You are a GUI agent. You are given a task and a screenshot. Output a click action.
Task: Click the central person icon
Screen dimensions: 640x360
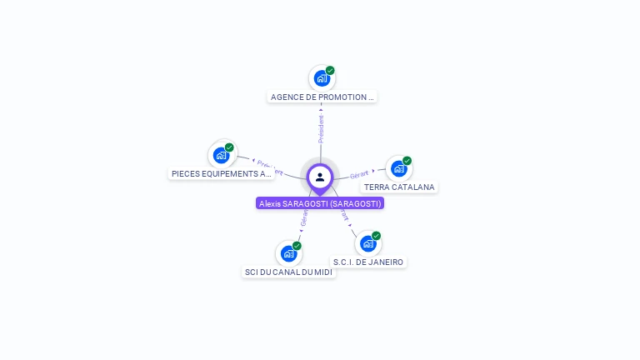[320, 177]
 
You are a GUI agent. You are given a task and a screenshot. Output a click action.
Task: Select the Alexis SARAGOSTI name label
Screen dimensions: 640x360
[320, 203]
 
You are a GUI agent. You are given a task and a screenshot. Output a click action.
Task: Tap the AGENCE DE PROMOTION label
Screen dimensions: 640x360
[322, 97]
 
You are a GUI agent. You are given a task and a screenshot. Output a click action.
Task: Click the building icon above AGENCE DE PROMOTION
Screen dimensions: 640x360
[321, 79]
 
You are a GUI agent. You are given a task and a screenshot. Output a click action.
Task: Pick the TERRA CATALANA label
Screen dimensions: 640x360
[399, 187]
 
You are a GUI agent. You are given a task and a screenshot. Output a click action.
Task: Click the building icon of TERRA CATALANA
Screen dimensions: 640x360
[399, 168]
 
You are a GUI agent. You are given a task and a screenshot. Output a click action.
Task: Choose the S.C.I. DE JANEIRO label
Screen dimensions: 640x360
[368, 262]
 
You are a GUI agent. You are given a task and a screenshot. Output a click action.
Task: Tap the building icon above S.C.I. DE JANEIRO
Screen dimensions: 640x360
[367, 244]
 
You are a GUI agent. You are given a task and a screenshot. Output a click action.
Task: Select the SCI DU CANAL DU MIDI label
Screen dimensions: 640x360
[288, 272]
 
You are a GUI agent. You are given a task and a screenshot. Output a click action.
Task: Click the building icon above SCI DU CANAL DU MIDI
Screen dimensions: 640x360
[288, 253]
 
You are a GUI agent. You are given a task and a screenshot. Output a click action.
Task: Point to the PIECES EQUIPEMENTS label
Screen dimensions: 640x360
[221, 173]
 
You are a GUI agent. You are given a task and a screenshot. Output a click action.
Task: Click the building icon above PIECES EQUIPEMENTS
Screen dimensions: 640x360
[221, 155]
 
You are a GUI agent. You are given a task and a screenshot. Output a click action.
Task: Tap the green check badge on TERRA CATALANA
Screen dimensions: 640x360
[407, 161]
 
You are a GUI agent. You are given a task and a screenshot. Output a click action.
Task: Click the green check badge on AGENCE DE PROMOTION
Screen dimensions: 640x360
[330, 71]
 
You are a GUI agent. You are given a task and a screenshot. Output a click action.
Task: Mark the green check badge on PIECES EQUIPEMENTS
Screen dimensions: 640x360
[229, 147]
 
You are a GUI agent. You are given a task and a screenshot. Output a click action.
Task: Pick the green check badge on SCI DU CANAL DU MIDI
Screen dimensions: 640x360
[297, 246]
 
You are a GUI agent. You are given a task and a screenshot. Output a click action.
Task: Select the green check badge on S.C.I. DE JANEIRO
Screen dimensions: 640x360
[376, 236]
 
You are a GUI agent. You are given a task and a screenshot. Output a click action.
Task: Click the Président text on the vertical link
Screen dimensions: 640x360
[321, 128]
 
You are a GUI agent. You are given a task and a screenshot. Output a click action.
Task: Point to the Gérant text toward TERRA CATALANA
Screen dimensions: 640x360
[359, 174]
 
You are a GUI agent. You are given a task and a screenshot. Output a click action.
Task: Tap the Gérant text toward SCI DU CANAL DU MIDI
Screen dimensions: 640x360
[304, 218]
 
